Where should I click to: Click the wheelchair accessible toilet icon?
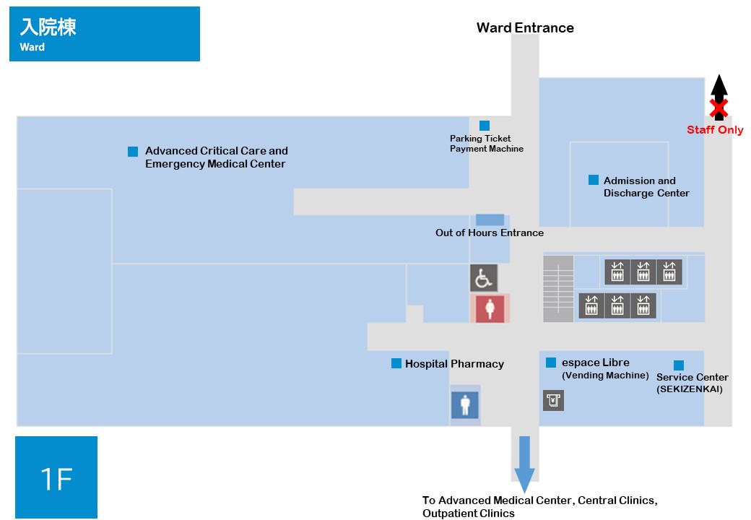point(483,278)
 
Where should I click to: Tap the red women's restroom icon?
point(490,308)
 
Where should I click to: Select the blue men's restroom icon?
point(464,405)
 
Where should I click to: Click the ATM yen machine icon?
point(553,400)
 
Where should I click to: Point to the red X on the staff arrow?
point(719,108)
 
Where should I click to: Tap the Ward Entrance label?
point(525,27)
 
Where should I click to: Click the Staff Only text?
point(715,130)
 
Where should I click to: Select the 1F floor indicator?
point(56,477)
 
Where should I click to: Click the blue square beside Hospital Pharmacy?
point(396,363)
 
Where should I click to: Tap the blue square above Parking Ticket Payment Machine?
point(485,126)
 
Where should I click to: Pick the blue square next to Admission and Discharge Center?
point(594,180)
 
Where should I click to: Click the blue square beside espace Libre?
point(551,363)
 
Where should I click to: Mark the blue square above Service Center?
point(679,365)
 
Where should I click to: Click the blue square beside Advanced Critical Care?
point(133,152)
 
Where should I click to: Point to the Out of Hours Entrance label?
point(490,233)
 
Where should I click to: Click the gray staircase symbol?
point(558,289)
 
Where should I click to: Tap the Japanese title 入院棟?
point(48,27)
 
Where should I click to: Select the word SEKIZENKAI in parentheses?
point(690,389)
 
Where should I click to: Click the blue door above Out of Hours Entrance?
point(490,220)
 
